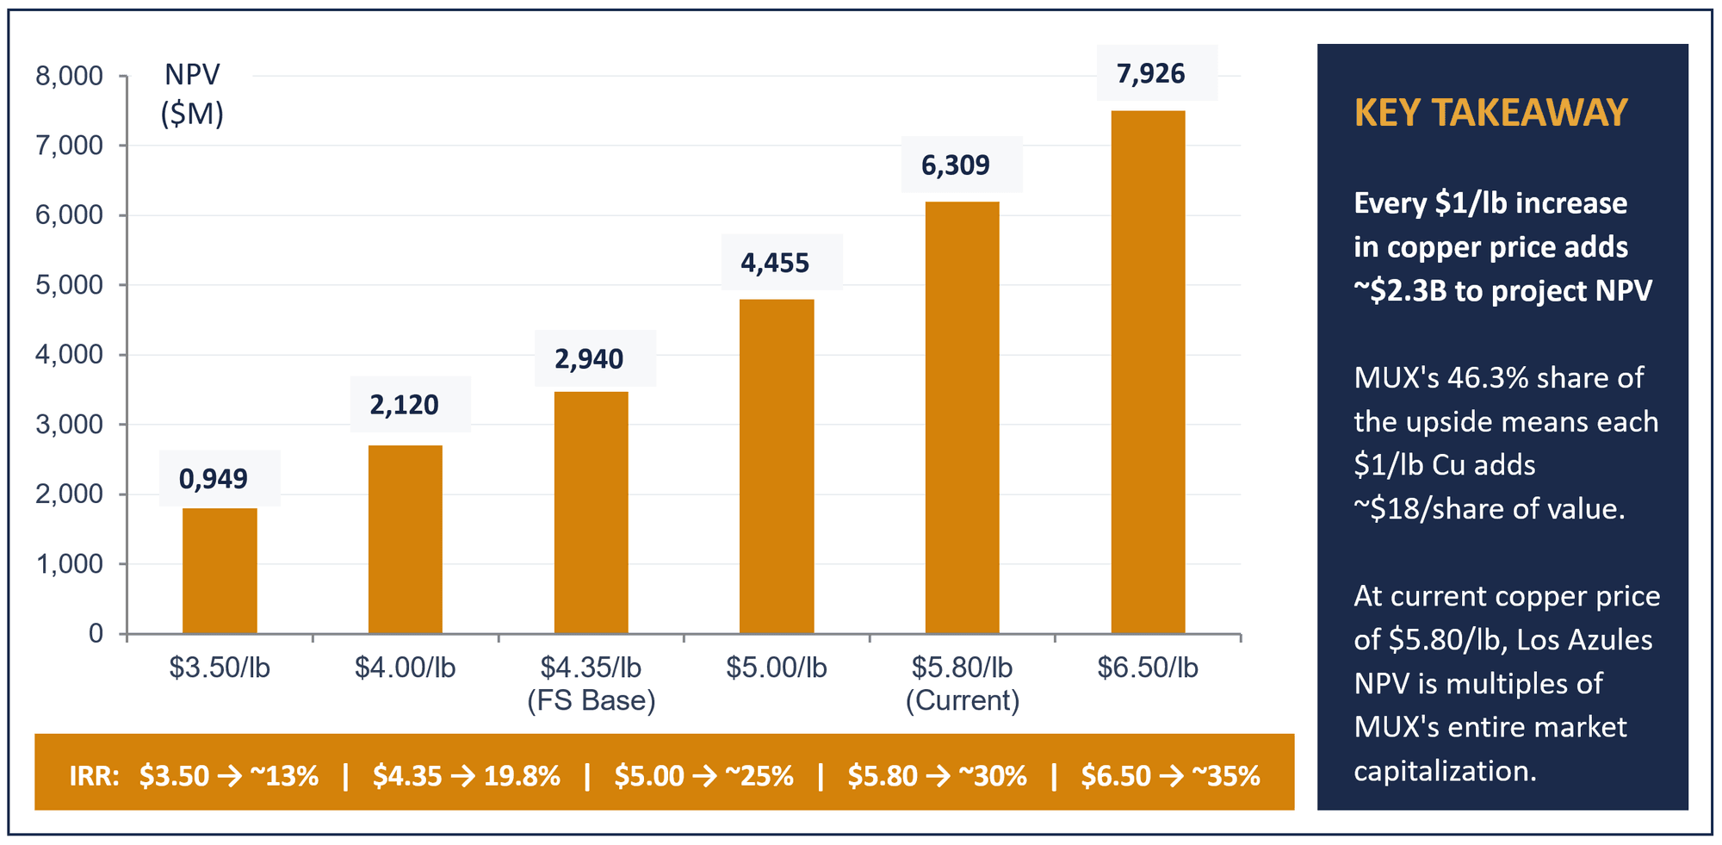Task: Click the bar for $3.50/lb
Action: coord(220,571)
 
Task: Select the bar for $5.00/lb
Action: coord(777,467)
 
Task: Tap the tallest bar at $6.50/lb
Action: coord(1148,372)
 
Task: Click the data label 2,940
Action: coord(589,358)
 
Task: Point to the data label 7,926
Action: coord(1150,74)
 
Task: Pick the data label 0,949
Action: coord(213,478)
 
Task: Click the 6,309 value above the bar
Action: coord(956,165)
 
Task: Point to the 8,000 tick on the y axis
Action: coord(69,77)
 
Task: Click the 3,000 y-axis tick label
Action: coord(69,425)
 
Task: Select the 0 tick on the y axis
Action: coord(96,634)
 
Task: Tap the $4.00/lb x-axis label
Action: coord(405,668)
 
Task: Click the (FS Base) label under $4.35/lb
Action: coord(592,700)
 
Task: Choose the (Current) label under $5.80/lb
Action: coord(963,700)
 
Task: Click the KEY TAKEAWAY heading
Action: coord(1490,113)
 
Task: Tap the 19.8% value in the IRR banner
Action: coord(522,776)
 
